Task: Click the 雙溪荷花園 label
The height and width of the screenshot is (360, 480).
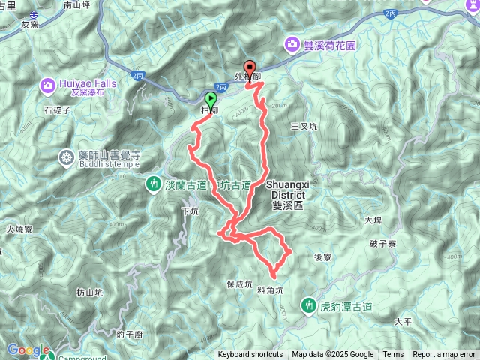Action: [331, 44]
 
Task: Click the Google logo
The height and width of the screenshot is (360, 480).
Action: [28, 350]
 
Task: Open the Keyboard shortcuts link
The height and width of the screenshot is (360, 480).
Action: [250, 355]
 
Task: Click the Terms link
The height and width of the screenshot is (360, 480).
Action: [393, 355]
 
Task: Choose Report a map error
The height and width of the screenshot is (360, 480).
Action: [444, 355]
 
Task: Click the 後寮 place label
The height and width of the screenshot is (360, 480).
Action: [323, 256]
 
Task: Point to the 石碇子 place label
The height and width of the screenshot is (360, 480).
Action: [57, 109]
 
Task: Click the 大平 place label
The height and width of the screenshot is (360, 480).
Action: [403, 321]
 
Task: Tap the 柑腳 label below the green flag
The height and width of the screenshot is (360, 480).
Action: [209, 110]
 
